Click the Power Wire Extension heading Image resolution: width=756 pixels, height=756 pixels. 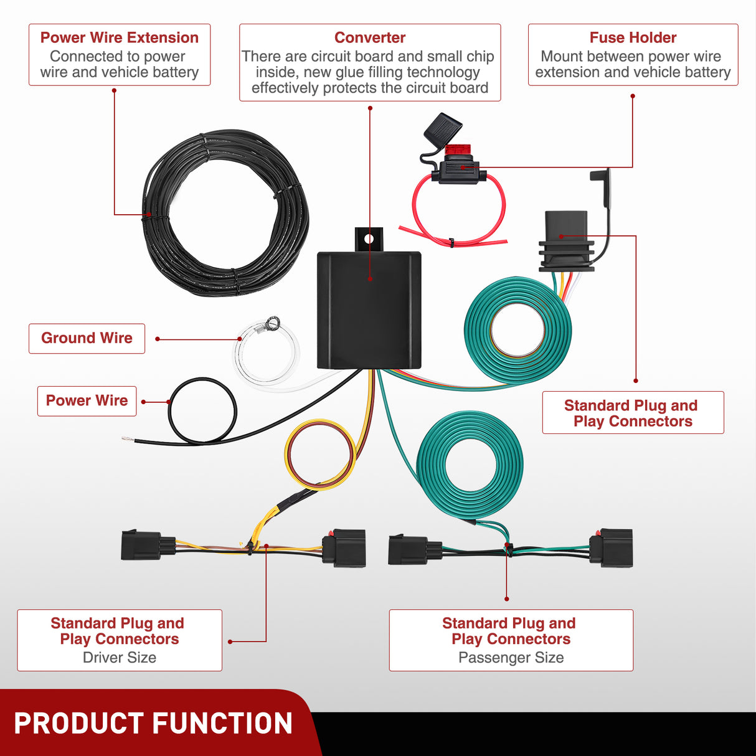(x=119, y=37)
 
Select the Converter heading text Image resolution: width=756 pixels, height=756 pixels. (x=370, y=37)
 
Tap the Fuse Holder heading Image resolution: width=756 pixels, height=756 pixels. (x=633, y=37)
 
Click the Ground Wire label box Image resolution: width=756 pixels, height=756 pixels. (x=87, y=338)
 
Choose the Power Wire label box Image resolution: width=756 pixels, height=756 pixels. (x=87, y=400)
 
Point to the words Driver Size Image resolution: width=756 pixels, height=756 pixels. (x=120, y=658)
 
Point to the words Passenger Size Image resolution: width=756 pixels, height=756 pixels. (x=511, y=658)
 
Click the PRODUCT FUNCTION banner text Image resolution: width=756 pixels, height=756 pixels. (x=153, y=724)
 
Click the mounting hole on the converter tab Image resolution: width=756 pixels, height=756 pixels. (x=369, y=239)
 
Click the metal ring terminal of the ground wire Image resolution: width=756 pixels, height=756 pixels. (x=272, y=322)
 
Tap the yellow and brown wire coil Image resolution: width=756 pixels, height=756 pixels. (x=320, y=455)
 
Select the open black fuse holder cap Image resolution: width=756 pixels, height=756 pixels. (x=443, y=128)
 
